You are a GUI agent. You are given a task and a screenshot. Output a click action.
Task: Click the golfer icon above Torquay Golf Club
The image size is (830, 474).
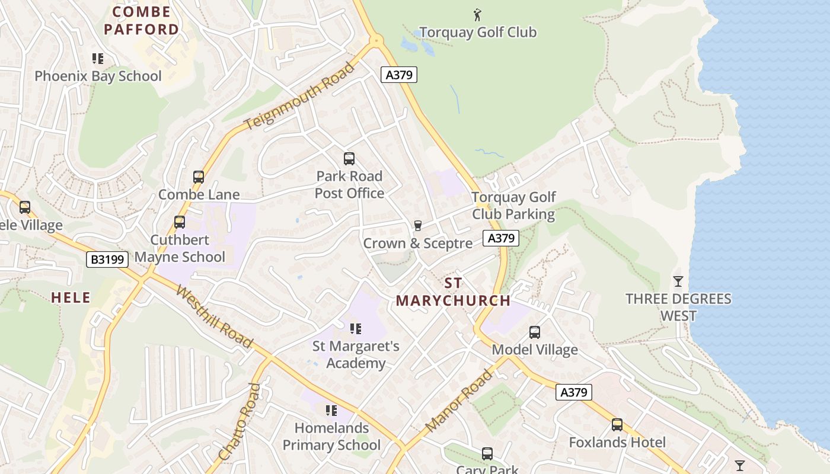(477, 14)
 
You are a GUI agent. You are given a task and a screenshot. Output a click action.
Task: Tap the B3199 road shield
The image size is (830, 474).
(107, 259)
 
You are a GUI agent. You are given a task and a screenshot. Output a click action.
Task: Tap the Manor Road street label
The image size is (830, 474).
(459, 400)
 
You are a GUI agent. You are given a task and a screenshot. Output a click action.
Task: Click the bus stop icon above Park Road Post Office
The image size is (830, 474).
(349, 159)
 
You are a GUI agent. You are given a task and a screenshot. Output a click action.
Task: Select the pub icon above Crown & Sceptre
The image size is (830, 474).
(417, 225)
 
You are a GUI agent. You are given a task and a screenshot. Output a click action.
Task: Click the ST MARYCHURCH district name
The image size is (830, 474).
(453, 292)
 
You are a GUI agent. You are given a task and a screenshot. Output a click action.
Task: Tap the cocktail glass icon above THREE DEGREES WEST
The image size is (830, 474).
(678, 281)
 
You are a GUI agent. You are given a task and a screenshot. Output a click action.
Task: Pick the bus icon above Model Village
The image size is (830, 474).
(535, 332)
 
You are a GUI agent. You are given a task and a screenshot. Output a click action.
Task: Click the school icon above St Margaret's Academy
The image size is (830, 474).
(356, 328)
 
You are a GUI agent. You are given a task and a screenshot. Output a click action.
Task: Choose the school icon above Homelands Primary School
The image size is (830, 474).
(331, 410)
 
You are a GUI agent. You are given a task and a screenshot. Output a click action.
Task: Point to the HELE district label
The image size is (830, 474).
(71, 297)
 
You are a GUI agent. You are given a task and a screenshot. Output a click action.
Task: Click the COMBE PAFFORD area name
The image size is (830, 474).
(141, 20)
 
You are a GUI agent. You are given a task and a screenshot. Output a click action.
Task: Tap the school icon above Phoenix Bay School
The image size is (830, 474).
(98, 59)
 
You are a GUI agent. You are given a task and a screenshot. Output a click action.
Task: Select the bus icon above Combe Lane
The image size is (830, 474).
(199, 177)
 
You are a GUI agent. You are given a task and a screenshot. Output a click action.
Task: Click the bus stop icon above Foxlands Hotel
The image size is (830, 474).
(617, 425)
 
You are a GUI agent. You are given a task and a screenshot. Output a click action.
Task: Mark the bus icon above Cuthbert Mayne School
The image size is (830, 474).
(180, 222)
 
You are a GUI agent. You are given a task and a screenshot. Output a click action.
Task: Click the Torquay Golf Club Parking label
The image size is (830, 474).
(513, 206)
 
